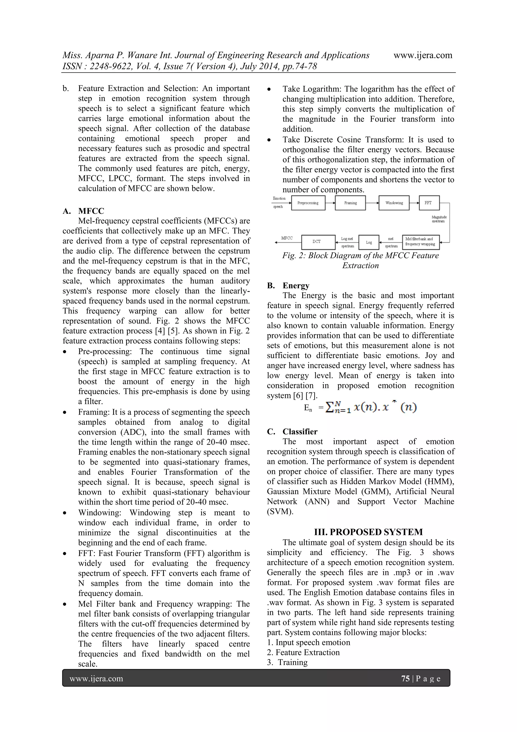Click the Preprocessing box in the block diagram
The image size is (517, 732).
308,203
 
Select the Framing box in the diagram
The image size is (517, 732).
350,203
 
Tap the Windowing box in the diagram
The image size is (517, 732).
394,203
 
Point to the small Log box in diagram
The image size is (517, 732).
369,242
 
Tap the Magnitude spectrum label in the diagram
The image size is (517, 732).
439,219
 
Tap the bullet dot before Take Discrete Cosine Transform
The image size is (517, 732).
269,140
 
